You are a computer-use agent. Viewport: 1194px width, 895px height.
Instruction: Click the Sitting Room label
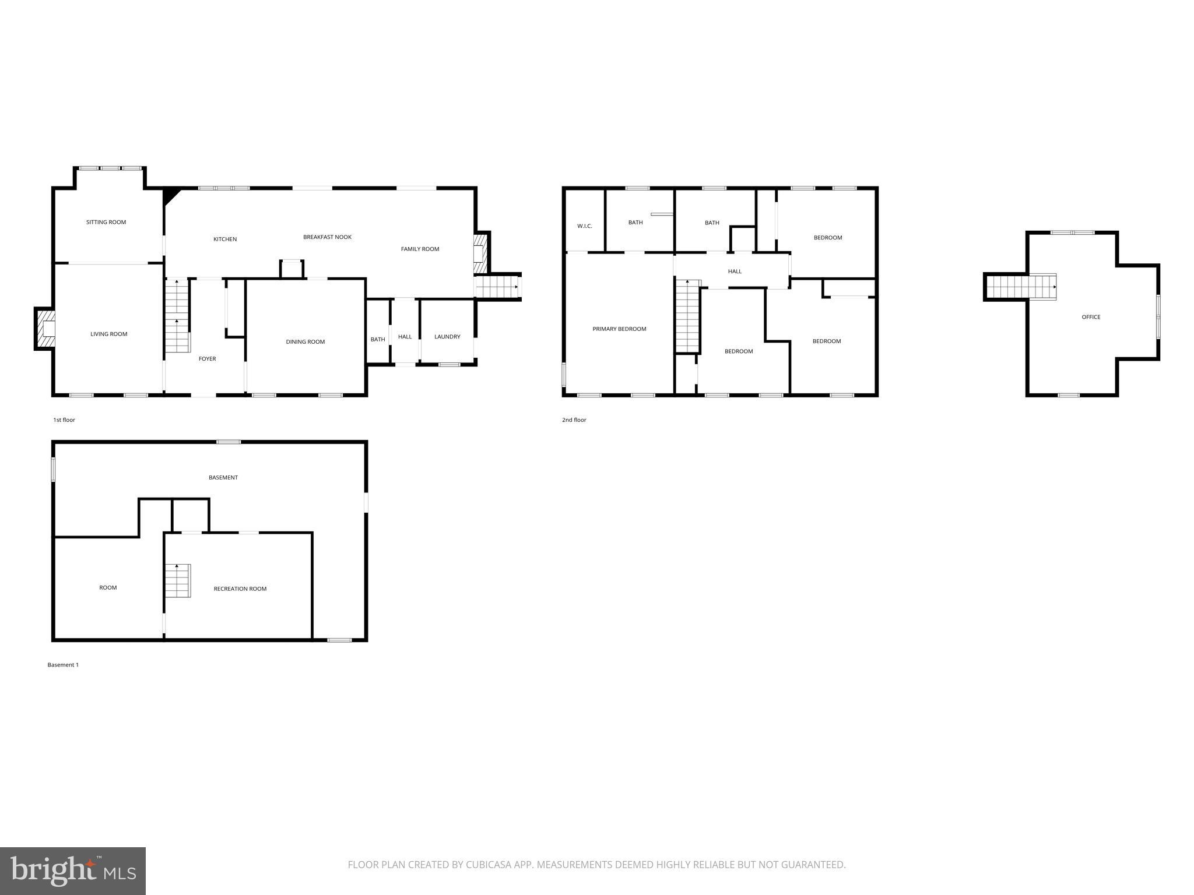tap(106, 222)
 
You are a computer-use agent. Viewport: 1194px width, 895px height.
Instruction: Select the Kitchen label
tap(225, 239)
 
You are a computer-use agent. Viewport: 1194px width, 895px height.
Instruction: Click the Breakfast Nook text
tap(327, 237)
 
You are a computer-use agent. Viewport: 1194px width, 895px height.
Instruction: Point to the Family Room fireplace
tap(480, 252)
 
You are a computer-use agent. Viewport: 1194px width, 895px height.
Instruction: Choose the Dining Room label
tap(305, 342)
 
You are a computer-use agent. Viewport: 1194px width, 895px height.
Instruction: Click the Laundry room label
tap(447, 337)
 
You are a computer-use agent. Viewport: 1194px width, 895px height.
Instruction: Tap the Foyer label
tap(207, 359)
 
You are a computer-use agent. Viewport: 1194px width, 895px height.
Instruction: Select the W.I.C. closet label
tap(585, 226)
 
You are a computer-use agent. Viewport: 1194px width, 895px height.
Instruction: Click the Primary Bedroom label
tap(619, 329)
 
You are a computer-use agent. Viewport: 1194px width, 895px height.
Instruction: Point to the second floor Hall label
tap(735, 272)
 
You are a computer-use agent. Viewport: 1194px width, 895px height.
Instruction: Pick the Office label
tap(1091, 317)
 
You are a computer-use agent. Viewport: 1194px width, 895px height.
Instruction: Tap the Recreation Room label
tap(240, 589)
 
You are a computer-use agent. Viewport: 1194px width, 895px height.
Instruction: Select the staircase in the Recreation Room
tap(177, 580)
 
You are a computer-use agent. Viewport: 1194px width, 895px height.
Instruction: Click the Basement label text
tap(223, 478)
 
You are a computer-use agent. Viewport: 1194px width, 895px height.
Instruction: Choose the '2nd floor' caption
tap(574, 420)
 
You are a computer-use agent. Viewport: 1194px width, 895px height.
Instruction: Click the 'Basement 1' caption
tap(63, 665)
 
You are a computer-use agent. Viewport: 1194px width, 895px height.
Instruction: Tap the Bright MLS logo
tap(73, 871)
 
